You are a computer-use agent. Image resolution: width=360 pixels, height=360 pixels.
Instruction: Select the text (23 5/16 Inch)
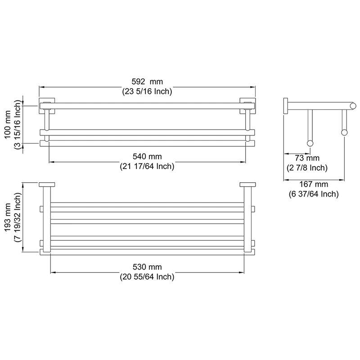(147, 91)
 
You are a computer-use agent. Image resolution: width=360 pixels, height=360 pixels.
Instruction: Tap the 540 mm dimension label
(147, 157)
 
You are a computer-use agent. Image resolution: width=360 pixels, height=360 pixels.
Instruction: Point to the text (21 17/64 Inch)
(147, 166)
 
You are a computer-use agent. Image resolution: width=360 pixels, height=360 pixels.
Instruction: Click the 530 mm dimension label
(147, 267)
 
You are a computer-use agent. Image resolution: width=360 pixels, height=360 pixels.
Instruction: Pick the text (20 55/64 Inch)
(147, 277)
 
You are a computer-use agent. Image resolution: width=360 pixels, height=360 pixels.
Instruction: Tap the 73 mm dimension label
(307, 158)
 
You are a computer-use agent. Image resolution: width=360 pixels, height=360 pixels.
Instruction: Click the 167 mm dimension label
(313, 184)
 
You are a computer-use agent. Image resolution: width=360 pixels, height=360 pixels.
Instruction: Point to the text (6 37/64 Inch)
(313, 194)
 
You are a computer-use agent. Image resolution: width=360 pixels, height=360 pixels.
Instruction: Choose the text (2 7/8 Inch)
(307, 168)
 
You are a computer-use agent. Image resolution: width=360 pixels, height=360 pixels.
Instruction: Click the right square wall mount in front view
(247, 105)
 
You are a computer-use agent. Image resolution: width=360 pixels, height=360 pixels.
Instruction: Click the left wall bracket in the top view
(46, 184)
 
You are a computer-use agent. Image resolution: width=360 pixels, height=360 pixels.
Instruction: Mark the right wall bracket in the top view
(247, 184)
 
